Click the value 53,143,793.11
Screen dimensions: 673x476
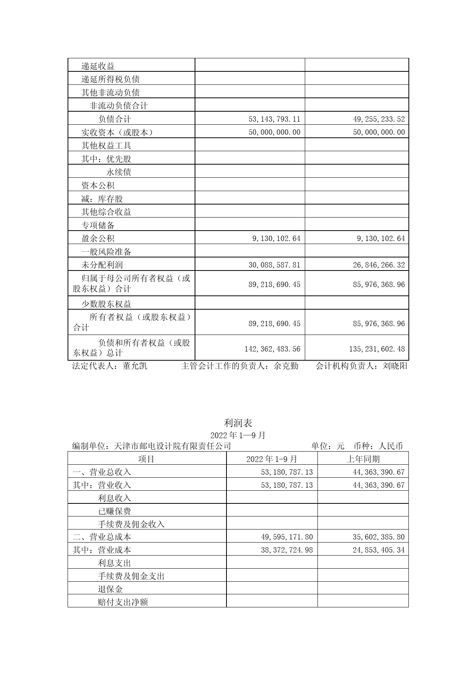(274, 119)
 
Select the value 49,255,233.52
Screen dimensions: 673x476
(378, 119)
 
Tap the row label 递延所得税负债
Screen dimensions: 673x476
(110, 79)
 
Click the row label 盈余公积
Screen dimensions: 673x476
(98, 238)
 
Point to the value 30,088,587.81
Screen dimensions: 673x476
(274, 265)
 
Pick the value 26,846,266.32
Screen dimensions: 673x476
(378, 265)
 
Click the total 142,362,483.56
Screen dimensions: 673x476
(272, 349)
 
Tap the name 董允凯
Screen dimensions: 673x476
(135, 366)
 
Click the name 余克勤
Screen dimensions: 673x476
(286, 366)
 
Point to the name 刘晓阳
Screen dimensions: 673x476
(395, 366)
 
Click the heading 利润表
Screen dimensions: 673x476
(238, 423)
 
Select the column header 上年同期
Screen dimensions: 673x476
(363, 459)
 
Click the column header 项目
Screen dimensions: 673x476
(146, 459)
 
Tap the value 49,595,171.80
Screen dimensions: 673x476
(287, 537)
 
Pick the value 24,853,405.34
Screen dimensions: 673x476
(378, 550)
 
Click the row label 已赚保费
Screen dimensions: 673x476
(114, 511)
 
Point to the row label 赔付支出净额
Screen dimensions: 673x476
(123, 602)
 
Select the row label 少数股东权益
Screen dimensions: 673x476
(106, 304)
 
